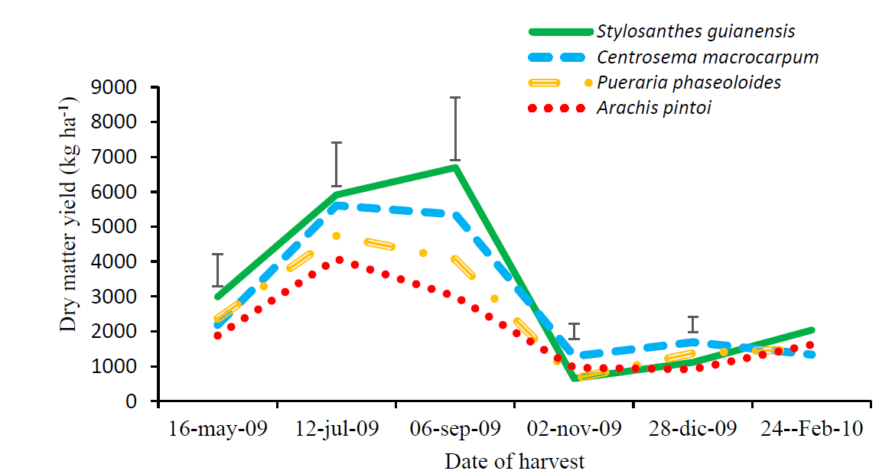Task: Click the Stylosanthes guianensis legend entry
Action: [x=695, y=31]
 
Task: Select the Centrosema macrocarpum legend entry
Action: [x=708, y=57]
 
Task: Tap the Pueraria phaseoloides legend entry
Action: [x=689, y=82]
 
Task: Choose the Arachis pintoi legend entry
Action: [x=654, y=107]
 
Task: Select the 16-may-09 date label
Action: [x=217, y=429]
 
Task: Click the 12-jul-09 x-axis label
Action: [x=337, y=429]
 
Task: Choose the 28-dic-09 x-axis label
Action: [x=692, y=429]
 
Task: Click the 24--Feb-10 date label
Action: [x=812, y=429]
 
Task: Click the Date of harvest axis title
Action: [x=514, y=462]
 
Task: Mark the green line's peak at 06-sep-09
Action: [x=455, y=167]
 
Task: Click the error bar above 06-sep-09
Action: [x=455, y=129]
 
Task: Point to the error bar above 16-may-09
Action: [x=218, y=270]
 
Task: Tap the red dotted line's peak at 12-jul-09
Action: [x=337, y=260]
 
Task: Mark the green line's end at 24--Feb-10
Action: [x=811, y=330]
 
